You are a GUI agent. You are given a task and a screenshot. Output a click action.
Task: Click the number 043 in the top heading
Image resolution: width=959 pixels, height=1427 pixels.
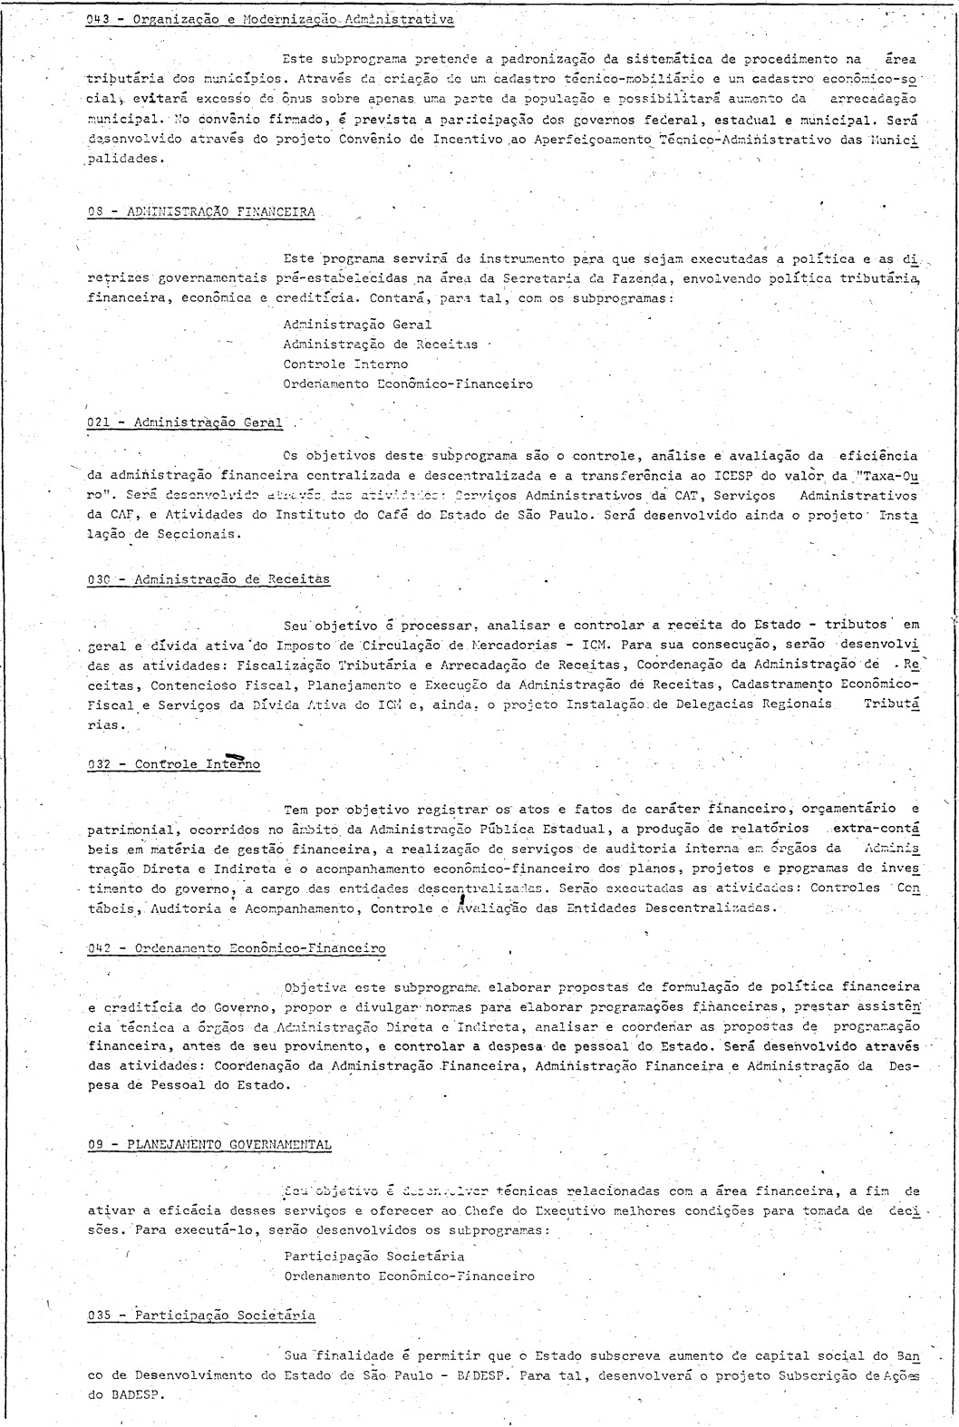coord(97,18)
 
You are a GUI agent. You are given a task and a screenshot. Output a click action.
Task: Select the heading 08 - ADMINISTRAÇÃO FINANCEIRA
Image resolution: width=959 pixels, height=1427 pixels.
coord(201,211)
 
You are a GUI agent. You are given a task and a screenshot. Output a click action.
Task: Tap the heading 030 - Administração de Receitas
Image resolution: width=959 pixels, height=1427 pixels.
coord(208,578)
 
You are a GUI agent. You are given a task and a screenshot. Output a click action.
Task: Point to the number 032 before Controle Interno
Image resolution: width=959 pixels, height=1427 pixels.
coord(98,764)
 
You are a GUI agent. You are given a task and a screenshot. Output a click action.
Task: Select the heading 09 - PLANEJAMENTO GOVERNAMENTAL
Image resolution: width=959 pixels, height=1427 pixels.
coord(209,1144)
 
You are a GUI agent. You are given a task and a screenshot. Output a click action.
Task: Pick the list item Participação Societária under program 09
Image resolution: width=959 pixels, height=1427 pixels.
coord(373,1256)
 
